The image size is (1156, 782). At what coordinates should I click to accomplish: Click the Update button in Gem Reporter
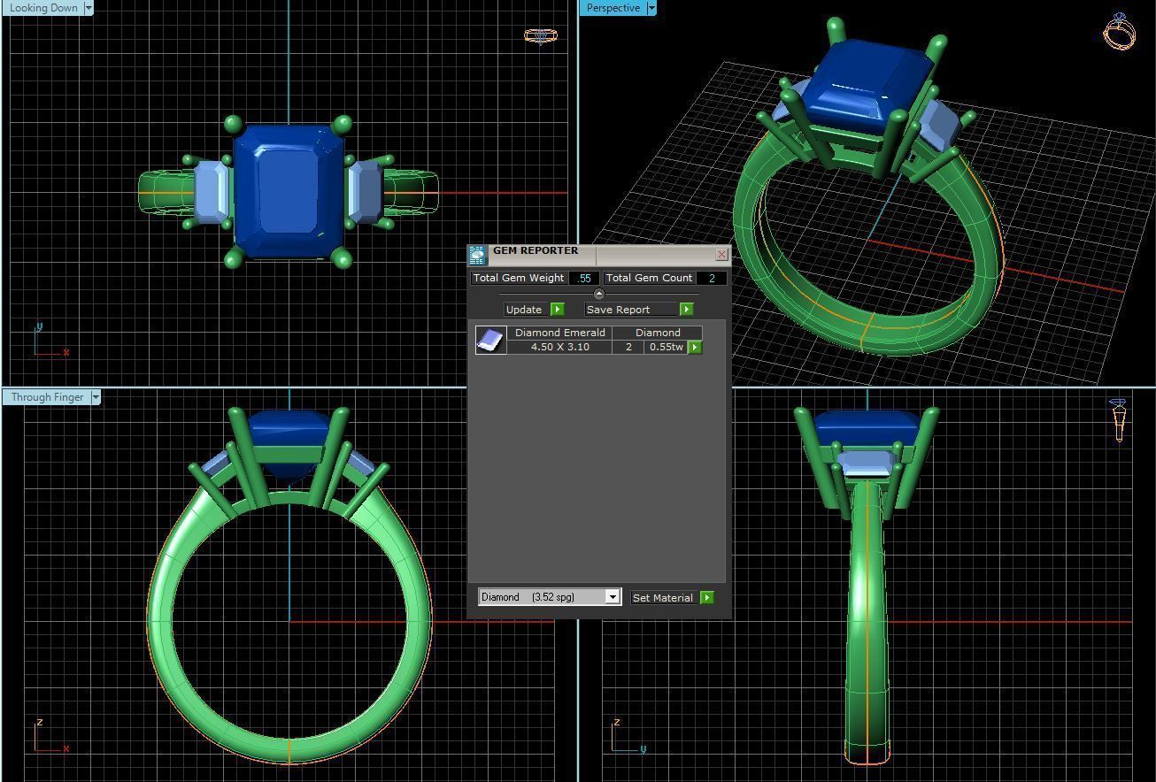(524, 310)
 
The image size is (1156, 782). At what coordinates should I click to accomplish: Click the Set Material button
(663, 598)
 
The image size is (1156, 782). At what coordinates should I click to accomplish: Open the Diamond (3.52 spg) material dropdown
(612, 597)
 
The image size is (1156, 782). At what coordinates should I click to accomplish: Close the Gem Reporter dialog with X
(721, 255)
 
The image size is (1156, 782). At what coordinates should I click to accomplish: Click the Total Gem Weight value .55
(583, 278)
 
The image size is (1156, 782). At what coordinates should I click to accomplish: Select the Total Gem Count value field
(711, 278)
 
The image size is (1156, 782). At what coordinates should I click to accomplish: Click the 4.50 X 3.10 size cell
(559, 347)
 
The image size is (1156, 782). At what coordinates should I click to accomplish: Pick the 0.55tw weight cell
(666, 347)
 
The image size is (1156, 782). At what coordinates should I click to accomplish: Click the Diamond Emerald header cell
(559, 333)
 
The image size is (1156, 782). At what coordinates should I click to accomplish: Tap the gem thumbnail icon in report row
(490, 340)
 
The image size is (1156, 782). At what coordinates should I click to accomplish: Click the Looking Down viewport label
(43, 8)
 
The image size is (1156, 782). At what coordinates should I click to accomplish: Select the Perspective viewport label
(613, 8)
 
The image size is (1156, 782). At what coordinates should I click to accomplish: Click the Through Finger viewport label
(47, 397)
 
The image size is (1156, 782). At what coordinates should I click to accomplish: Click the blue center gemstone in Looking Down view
(289, 190)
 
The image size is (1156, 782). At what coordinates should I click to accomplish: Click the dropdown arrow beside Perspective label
(651, 8)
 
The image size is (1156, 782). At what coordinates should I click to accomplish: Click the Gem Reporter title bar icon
(478, 255)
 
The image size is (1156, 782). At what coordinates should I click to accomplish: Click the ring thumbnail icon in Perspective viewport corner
(1120, 31)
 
